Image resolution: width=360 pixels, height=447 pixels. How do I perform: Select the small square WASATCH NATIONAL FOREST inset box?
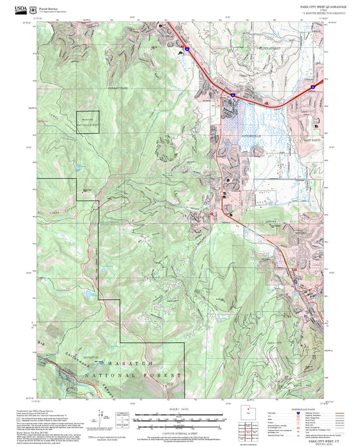tap(87, 122)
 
